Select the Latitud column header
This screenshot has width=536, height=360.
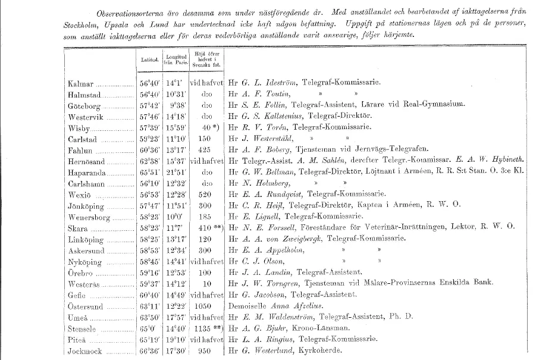(149, 60)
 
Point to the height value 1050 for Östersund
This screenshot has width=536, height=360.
(203, 307)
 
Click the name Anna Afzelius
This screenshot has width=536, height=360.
(289, 307)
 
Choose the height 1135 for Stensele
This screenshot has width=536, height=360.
(202, 329)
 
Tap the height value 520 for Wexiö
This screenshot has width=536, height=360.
(203, 195)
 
